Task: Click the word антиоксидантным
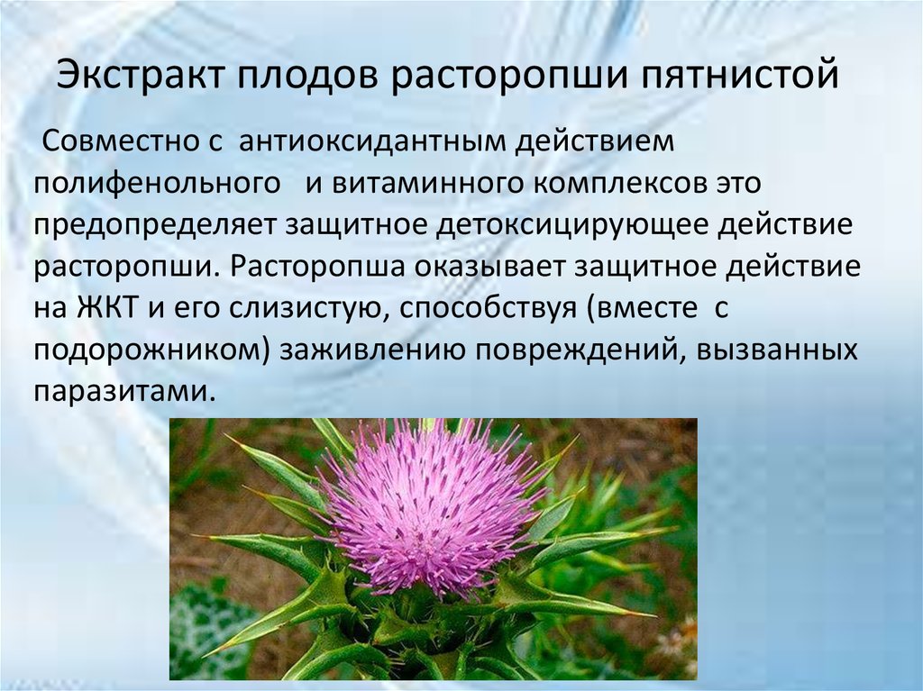[374, 142]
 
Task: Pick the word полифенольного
[155, 184]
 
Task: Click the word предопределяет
[156, 225]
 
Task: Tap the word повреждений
[577, 350]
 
